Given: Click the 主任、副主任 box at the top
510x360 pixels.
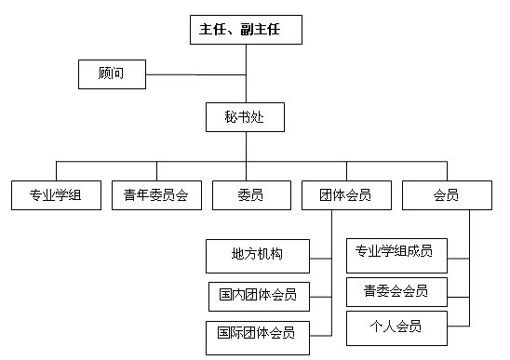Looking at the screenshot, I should pos(247,30).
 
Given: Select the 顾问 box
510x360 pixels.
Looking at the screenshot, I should pos(112,73).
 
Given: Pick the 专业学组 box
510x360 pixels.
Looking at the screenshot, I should pos(55,195).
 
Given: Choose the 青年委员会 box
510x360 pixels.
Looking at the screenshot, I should pos(155,195).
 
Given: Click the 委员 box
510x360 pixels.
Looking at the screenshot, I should pos(250,195).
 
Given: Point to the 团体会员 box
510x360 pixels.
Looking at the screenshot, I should pos(337,195).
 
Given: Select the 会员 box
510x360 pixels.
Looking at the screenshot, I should pos(446,195).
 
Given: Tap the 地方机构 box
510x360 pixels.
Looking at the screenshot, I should pos(257,254).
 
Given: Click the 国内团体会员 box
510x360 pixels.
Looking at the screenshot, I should pos(257,296).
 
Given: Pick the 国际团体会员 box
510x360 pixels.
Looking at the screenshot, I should pos(257,334).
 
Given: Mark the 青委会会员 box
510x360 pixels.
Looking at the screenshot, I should pos(396,292).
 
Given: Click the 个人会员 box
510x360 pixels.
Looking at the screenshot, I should pos(396,327).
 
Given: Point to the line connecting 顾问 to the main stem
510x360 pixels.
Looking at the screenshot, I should pos(195,73).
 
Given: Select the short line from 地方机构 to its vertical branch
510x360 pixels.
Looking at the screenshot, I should pos(320,255).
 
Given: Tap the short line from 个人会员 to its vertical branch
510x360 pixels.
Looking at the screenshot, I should pos(458,327).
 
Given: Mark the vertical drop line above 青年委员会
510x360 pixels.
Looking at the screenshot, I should pos(155,170).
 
